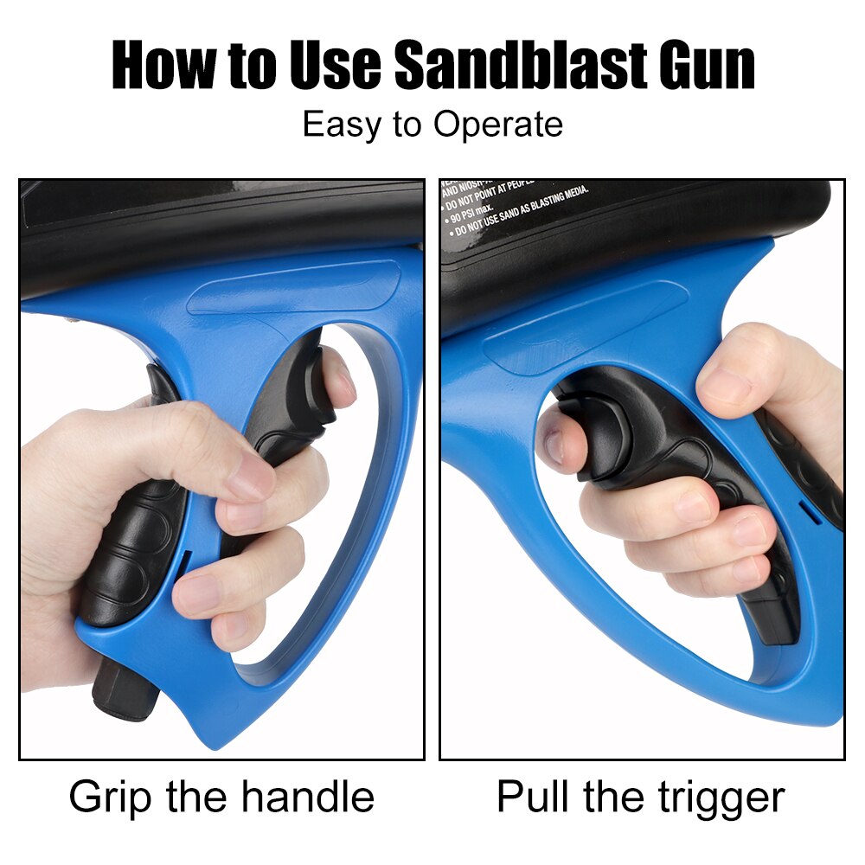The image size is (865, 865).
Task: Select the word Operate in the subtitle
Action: click(497, 125)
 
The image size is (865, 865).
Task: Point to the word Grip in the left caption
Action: click(112, 797)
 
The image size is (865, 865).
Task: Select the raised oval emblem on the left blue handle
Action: click(294, 291)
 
